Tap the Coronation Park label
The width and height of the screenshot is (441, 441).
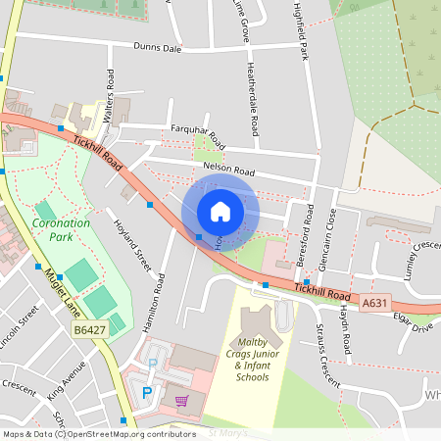pyautogui.click(x=61, y=229)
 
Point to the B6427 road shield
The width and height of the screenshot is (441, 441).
pyautogui.click(x=90, y=332)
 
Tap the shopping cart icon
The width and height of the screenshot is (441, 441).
pyautogui.click(x=180, y=400)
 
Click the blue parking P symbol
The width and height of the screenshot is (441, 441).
pyautogui.click(x=147, y=392)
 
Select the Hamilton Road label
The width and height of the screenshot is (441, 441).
pyautogui.click(x=155, y=305)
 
